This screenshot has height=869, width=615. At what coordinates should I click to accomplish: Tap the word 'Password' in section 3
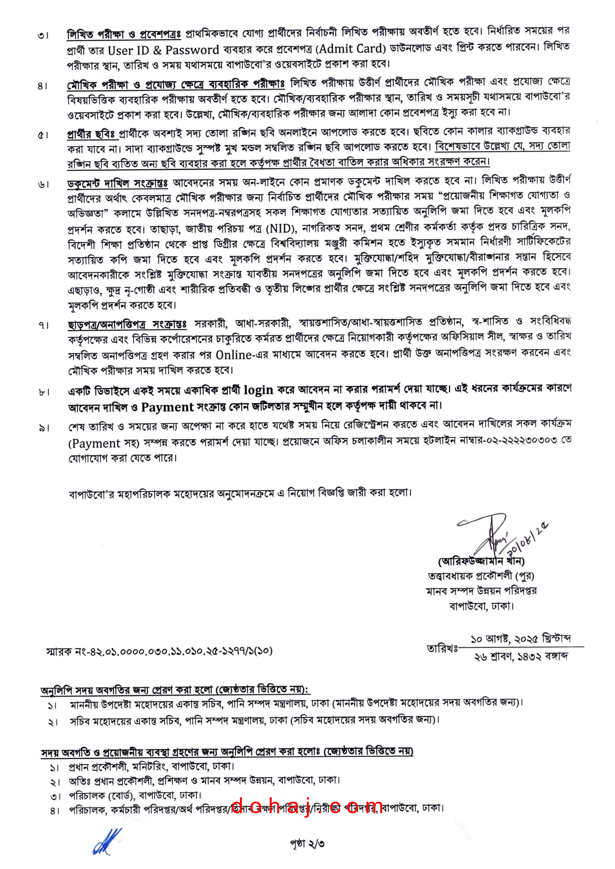192,50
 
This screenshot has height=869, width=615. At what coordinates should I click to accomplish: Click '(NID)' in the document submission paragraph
281,228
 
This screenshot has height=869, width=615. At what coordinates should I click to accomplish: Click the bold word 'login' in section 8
258,389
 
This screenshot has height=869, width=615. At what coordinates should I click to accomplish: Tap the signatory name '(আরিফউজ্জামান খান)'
481,561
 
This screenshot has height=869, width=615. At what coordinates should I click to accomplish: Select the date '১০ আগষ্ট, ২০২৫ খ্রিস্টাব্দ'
521,639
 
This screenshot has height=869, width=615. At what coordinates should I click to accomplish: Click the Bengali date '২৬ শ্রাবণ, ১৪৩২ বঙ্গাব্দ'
521,657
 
